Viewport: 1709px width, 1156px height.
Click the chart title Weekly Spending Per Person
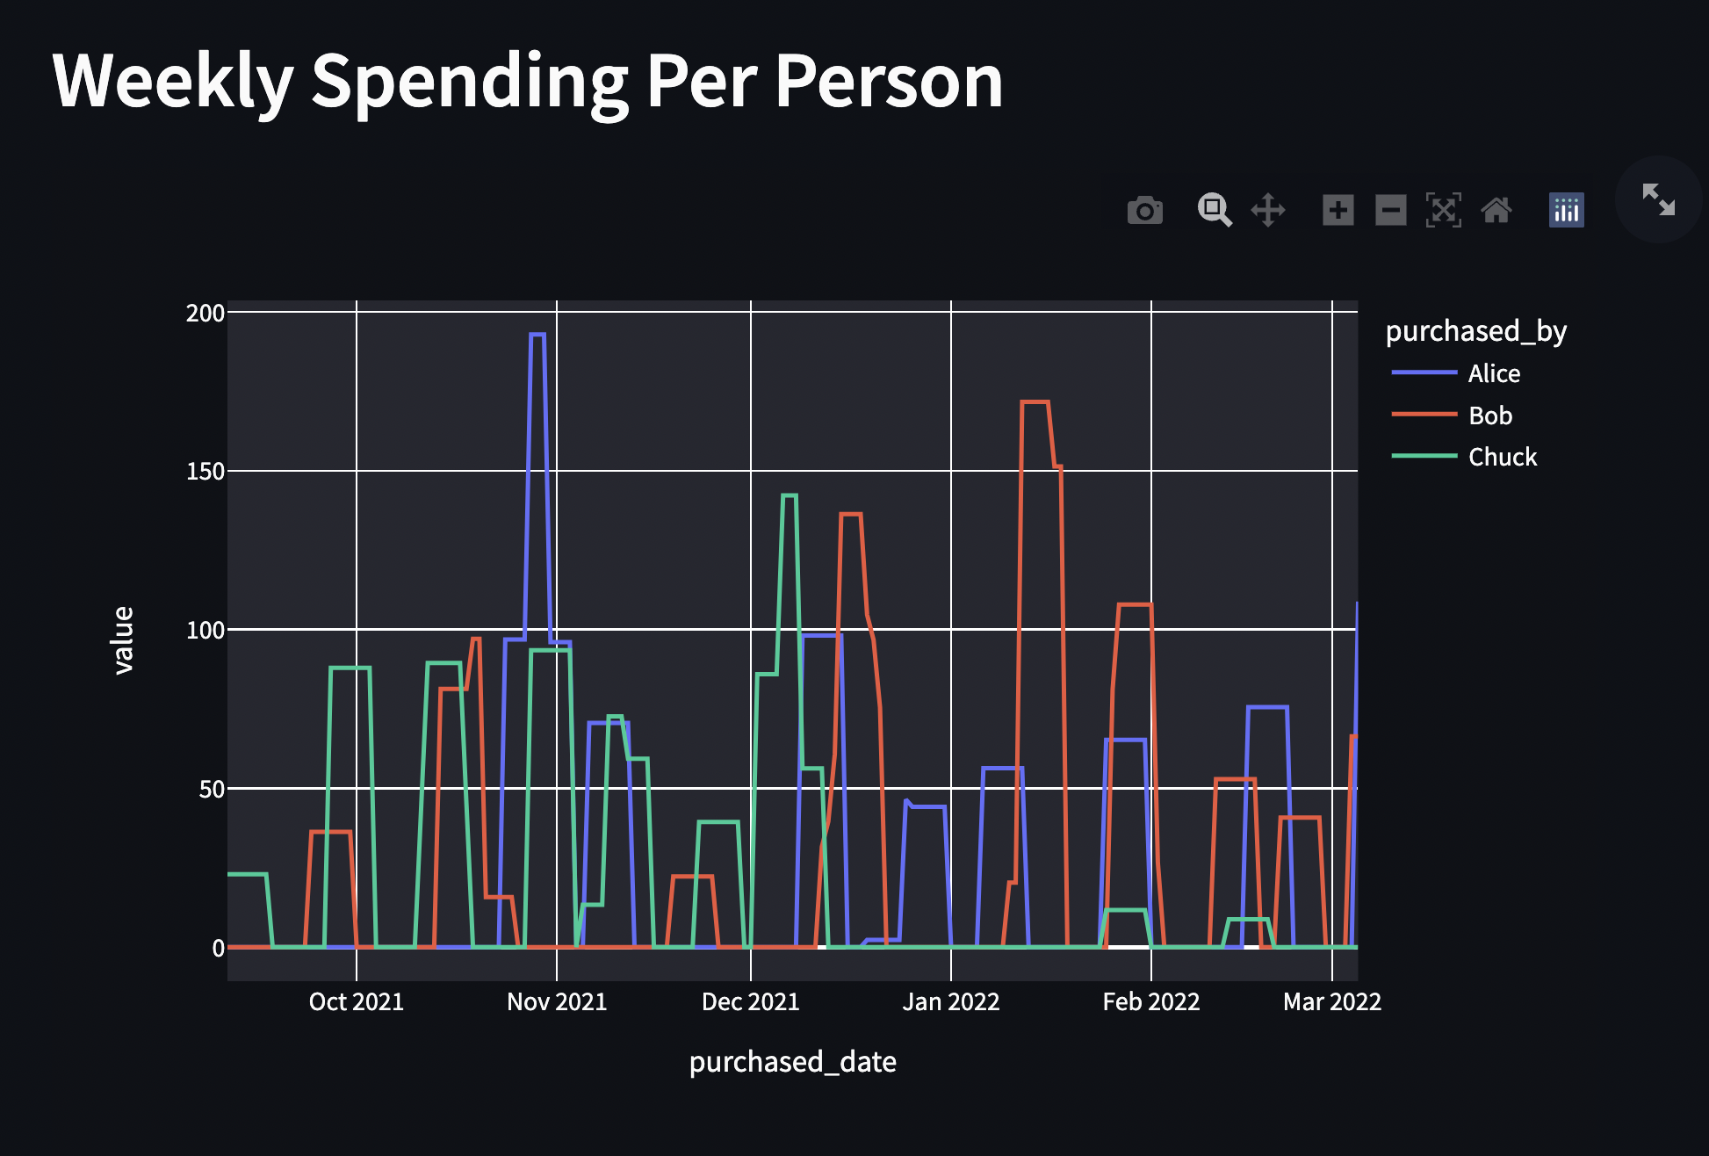(527, 81)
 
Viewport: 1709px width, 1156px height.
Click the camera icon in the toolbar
(1144, 211)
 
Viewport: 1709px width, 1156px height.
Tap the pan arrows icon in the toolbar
(1267, 211)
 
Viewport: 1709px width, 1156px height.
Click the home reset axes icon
(1496, 211)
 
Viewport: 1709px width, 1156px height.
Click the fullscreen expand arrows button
(1658, 199)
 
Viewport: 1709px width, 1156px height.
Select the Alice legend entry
(1493, 373)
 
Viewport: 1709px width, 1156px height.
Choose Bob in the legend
(1489, 415)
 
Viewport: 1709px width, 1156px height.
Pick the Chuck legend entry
(1502, 457)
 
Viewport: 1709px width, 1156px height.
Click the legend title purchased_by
(1475, 331)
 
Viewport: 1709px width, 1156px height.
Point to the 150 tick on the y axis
(206, 472)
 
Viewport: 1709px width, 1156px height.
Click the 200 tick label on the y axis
(206, 314)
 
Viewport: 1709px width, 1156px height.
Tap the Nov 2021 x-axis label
(557, 1001)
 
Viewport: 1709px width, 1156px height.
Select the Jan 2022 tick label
(951, 1001)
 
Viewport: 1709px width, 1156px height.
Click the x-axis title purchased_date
(792, 1062)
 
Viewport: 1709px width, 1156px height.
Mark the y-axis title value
(124, 639)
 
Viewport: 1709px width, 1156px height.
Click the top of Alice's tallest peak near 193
(537, 335)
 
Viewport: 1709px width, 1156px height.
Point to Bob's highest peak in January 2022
(1035, 402)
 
